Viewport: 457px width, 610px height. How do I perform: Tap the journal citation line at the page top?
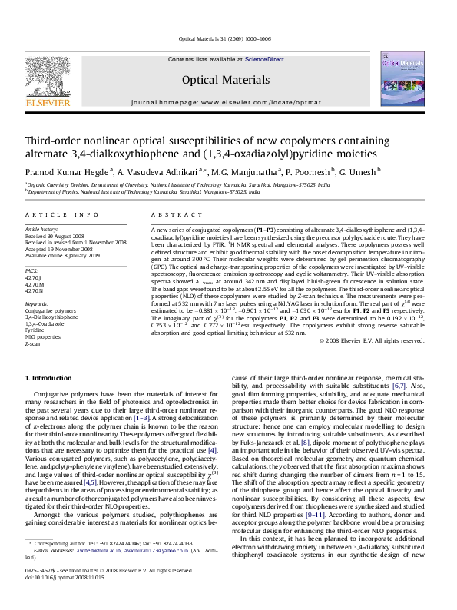tap(228, 37)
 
